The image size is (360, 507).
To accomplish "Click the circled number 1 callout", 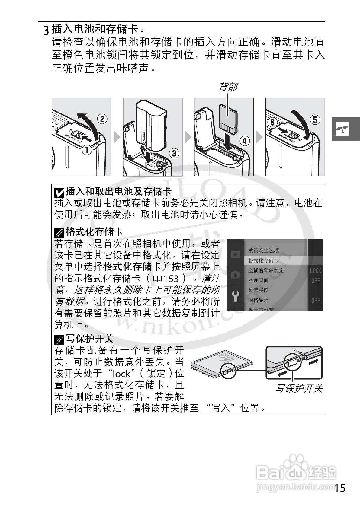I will click(x=87, y=149).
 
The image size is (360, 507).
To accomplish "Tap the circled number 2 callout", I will click(x=102, y=119).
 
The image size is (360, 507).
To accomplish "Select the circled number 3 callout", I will click(x=174, y=153).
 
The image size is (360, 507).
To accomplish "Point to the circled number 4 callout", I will click(x=245, y=141).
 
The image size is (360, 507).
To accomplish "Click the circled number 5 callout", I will click(x=315, y=120).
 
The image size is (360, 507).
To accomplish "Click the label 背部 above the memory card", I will click(x=228, y=87).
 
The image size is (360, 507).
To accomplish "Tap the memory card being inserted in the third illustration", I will click(x=228, y=119).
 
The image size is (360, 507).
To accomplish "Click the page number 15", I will click(x=340, y=488).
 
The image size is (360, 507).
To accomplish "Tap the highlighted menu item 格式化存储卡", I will click(x=263, y=260).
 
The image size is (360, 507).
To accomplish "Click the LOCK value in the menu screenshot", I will click(x=315, y=271).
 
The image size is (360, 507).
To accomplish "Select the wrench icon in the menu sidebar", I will click(x=235, y=297).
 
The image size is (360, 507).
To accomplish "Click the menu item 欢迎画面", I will click(x=258, y=280).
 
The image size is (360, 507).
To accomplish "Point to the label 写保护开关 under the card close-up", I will click(x=298, y=388).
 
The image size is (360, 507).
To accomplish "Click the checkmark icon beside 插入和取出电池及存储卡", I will click(x=59, y=192).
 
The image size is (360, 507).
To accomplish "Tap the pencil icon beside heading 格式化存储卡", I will click(x=59, y=233).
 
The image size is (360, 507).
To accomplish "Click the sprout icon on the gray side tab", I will click(x=342, y=129).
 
